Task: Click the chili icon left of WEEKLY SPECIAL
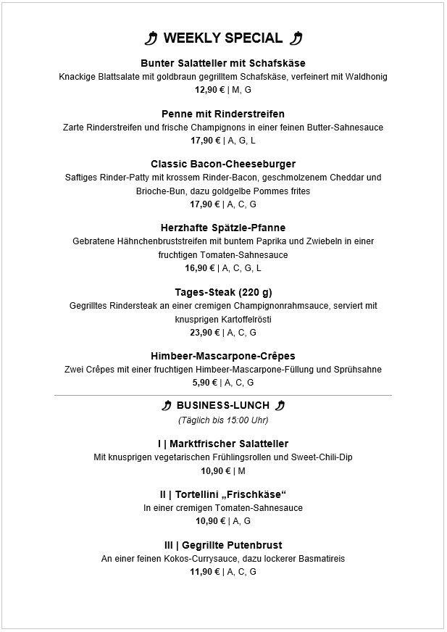pyautogui.click(x=151, y=38)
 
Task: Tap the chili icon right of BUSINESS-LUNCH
pyautogui.click(x=280, y=405)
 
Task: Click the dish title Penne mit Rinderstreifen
pyautogui.click(x=223, y=114)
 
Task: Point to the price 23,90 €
pyautogui.click(x=206, y=333)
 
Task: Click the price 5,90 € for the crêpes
pyautogui.click(x=205, y=383)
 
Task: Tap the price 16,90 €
pyautogui.click(x=200, y=268)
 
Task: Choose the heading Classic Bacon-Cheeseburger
pyautogui.click(x=223, y=164)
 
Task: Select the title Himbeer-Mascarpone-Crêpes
pyautogui.click(x=223, y=356)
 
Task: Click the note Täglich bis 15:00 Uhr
pyautogui.click(x=223, y=420)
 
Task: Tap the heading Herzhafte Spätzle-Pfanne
pyautogui.click(x=223, y=228)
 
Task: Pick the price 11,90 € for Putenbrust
pyautogui.click(x=205, y=572)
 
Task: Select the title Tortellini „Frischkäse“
pyautogui.click(x=223, y=494)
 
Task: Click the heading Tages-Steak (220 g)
pyautogui.click(x=223, y=292)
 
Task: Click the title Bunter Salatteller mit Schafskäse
pyautogui.click(x=223, y=63)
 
